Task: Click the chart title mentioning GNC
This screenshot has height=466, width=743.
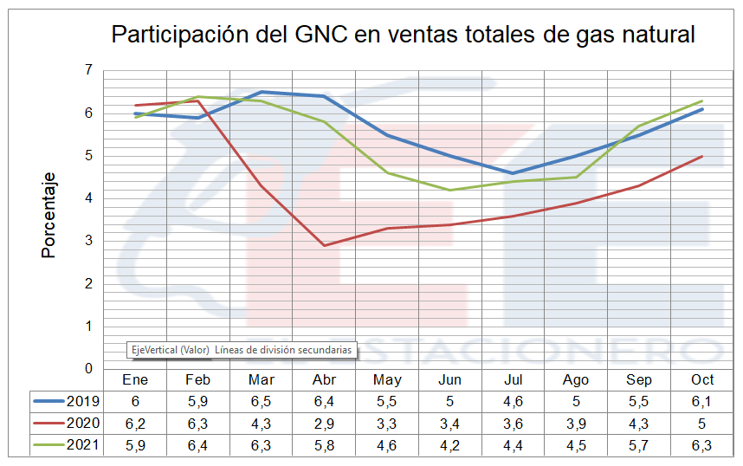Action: point(404,35)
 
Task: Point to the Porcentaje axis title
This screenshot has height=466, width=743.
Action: point(49,215)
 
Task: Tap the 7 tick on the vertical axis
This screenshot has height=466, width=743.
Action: point(88,70)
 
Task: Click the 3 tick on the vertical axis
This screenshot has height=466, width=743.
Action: point(88,241)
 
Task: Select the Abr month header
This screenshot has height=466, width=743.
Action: point(324,379)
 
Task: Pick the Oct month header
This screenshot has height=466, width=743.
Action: point(702,379)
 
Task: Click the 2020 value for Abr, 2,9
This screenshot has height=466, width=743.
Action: point(324,424)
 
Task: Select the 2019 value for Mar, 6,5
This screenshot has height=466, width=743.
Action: point(262,401)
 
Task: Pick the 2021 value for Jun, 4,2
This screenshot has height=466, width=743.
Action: point(450,446)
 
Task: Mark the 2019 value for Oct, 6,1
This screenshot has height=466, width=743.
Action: point(702,401)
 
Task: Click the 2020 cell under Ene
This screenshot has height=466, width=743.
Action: point(135,424)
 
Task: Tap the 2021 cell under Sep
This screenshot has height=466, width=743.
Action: point(639,446)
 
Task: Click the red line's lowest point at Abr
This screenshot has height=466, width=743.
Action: point(324,245)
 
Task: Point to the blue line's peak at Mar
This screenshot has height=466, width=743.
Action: point(262,92)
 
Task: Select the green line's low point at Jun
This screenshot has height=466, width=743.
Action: point(450,190)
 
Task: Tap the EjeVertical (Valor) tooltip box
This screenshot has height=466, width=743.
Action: point(242,350)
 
